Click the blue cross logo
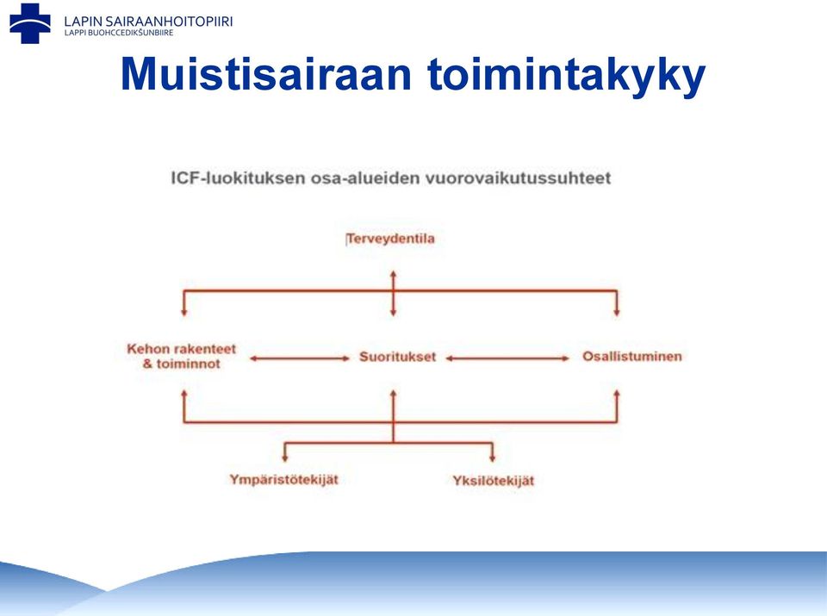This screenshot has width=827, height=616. (x=30, y=23)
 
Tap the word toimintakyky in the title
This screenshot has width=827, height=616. (x=567, y=76)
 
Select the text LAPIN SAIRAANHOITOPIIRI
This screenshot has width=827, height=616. (x=148, y=22)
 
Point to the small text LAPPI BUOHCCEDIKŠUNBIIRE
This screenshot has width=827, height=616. (x=119, y=33)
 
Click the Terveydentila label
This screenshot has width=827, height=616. (x=391, y=239)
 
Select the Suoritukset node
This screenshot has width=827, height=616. (x=398, y=357)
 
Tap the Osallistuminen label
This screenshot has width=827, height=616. (x=631, y=357)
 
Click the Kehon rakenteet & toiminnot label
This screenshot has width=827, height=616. (x=182, y=356)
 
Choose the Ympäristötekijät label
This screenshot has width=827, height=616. (x=283, y=480)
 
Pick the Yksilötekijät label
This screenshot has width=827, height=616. (x=493, y=481)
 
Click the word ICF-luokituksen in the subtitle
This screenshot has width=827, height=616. (x=238, y=177)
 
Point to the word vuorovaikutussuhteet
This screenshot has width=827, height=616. (x=518, y=177)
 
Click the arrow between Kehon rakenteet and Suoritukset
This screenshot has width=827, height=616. (x=300, y=358)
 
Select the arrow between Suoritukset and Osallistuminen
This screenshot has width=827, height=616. (x=507, y=358)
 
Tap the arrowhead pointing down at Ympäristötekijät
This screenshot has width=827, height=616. (x=285, y=458)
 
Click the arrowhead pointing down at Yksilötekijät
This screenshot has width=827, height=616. (x=493, y=458)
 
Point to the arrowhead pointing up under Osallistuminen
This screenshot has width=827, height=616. (x=617, y=394)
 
